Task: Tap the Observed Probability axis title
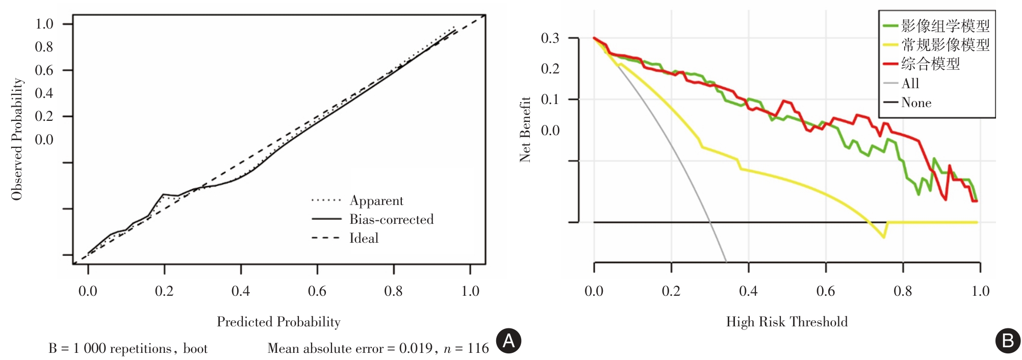(x=17, y=139)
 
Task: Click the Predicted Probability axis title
(x=278, y=322)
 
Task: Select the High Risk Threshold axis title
(x=787, y=322)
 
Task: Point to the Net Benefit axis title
(x=525, y=130)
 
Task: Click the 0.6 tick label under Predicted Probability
(x=317, y=291)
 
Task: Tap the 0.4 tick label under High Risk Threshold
(x=748, y=291)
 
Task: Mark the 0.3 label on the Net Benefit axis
(x=550, y=38)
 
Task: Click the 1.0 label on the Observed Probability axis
(x=44, y=24)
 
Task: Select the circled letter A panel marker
(x=508, y=341)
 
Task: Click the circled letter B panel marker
(x=1008, y=341)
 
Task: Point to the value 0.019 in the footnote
(x=416, y=349)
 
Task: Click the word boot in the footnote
(x=195, y=349)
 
